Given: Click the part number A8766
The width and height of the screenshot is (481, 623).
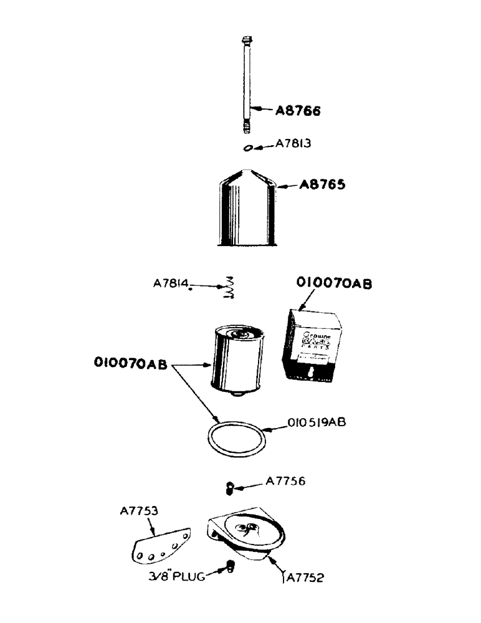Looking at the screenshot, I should tap(298, 112).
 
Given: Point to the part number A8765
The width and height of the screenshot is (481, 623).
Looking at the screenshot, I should tap(322, 185).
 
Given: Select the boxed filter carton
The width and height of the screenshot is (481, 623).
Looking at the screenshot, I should tap(313, 346).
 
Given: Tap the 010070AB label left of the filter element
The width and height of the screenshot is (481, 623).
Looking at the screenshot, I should tap(131, 363).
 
